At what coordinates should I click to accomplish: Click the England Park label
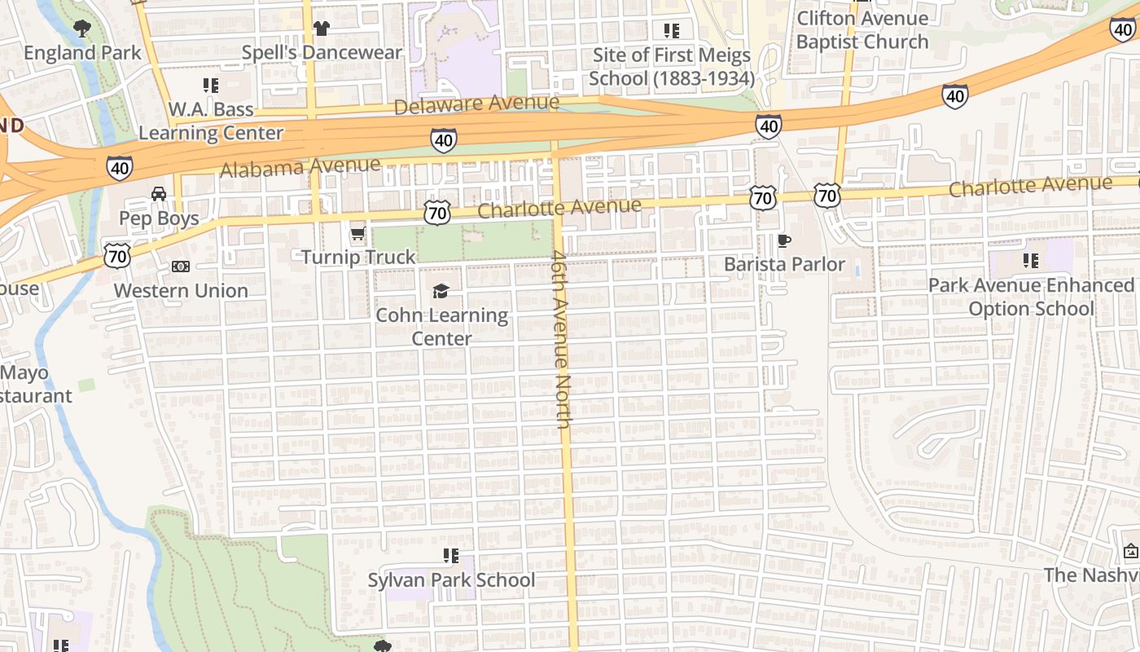[x=82, y=53]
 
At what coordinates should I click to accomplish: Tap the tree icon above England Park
[x=81, y=29]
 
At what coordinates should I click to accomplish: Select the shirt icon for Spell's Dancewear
[x=321, y=29]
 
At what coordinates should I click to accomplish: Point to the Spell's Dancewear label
[x=322, y=53]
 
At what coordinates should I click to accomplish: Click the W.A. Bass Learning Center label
[x=211, y=121]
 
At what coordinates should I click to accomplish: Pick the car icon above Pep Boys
[x=159, y=194]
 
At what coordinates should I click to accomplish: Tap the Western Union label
[x=181, y=291]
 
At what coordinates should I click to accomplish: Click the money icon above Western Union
[x=181, y=267]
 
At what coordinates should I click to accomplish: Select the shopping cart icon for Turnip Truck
[x=357, y=235]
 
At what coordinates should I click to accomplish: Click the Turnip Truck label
[x=358, y=258]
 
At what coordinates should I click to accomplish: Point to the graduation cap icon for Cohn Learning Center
[x=441, y=291]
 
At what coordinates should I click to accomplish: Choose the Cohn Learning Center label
[x=441, y=327]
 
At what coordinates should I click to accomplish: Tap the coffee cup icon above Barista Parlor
[x=784, y=240]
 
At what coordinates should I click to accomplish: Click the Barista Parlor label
[x=784, y=265]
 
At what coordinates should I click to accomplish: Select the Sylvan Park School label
[x=451, y=580]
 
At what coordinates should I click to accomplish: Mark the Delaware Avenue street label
[x=477, y=104]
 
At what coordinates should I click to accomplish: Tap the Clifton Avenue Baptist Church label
[x=862, y=30]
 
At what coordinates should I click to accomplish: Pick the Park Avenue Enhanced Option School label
[x=1031, y=297]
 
